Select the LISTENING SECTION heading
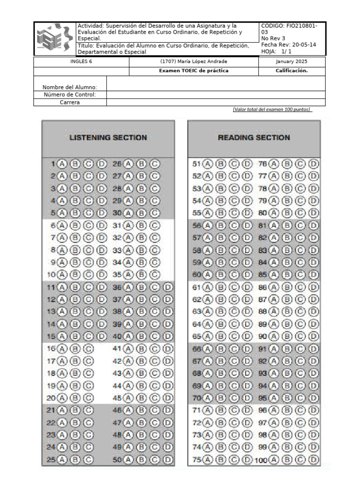click(108, 137)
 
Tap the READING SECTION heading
click(254, 137)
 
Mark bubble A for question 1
click(63, 164)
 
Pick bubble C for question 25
click(88, 459)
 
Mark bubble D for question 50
click(168, 459)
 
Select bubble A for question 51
click(208, 164)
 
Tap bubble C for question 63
click(234, 311)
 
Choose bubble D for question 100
click(314, 460)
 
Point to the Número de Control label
click(70, 95)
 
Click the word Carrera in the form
click(70, 102)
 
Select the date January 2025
click(292, 62)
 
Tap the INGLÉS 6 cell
click(81, 62)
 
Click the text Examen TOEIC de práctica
click(194, 71)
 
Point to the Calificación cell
click(292, 71)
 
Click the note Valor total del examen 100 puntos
click(272, 109)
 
